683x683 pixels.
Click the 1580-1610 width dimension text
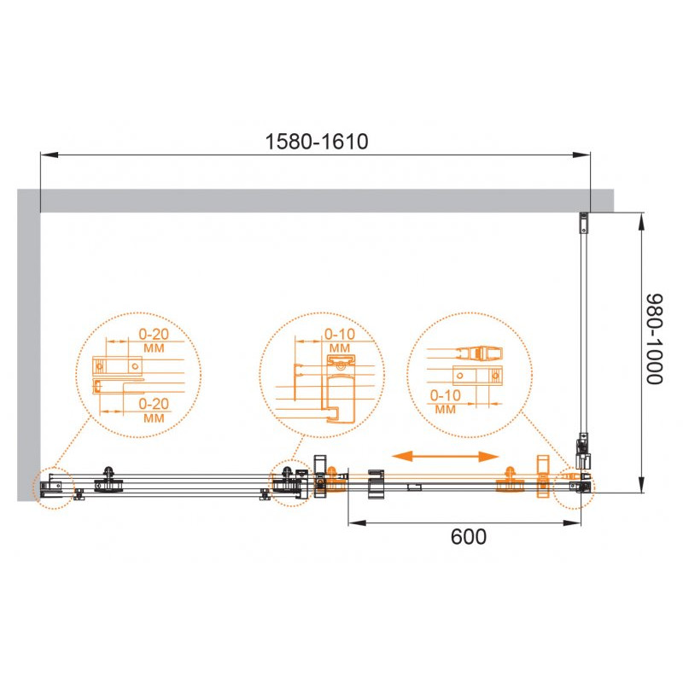click(x=317, y=142)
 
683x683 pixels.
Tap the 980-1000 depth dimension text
click(x=654, y=339)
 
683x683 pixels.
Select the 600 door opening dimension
click(x=468, y=537)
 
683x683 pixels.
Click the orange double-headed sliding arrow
click(x=445, y=456)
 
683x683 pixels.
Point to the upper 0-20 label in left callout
click(x=154, y=334)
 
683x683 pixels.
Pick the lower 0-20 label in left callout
click(x=154, y=404)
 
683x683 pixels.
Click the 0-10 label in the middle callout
click(x=340, y=334)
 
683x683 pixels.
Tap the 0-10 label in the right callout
click(x=445, y=395)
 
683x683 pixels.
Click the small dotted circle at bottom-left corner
click(x=54, y=487)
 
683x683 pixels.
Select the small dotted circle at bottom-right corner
click(x=574, y=487)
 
